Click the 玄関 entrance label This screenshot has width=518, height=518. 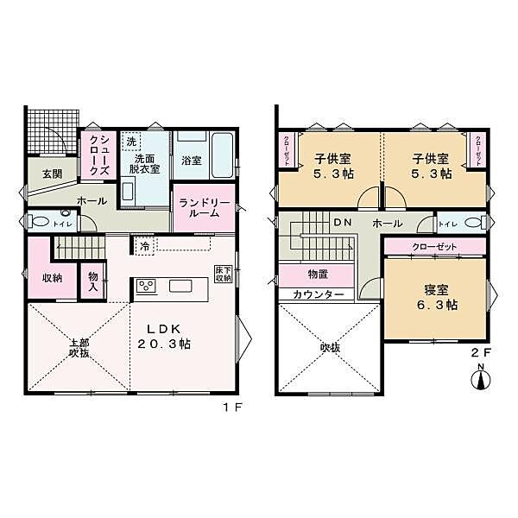(x=52, y=173)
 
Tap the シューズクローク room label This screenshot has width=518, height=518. (x=99, y=155)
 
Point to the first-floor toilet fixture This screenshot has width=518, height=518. (x=42, y=222)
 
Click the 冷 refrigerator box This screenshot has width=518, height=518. (x=144, y=245)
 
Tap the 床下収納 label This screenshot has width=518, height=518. (x=224, y=274)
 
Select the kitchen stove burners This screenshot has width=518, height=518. (x=144, y=287)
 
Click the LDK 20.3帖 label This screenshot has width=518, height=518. (x=167, y=336)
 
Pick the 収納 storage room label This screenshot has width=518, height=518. (x=52, y=278)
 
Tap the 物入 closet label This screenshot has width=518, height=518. (x=92, y=282)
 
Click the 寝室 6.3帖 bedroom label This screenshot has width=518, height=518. (x=439, y=297)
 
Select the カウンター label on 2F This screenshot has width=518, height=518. (x=318, y=294)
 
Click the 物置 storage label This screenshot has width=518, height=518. (x=318, y=275)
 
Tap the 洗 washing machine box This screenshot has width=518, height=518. (x=130, y=141)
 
